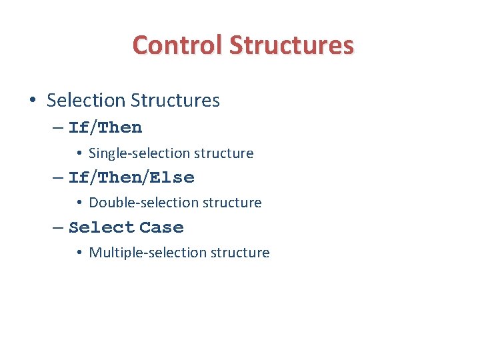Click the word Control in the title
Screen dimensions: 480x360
177,45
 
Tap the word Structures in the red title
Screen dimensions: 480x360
291,45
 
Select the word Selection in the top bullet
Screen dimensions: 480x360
86,101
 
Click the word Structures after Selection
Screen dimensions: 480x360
175,101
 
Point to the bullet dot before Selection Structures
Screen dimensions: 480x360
32,101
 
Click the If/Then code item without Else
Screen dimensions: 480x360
105,127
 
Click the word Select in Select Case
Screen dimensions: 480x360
101,228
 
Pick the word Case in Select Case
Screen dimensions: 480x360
161,228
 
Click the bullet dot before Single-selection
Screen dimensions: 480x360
79,154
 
